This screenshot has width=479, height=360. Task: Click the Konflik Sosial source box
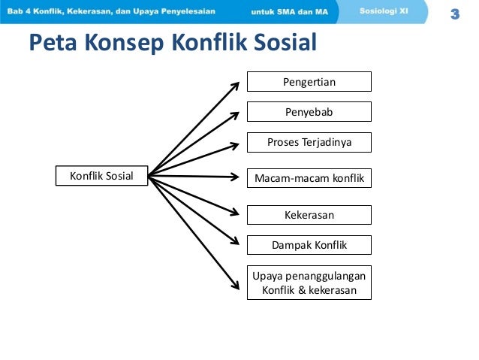(x=101, y=177)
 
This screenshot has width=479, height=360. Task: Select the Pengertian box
(x=309, y=81)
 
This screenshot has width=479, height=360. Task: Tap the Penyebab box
(x=309, y=112)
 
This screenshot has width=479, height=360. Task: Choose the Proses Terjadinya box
(x=309, y=142)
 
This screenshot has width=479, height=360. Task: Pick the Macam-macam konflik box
(x=309, y=177)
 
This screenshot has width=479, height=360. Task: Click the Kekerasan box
(x=309, y=215)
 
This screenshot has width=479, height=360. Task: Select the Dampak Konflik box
(x=309, y=245)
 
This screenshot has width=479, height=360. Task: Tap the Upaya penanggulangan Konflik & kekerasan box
(x=309, y=283)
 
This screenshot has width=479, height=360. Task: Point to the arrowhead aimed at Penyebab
(x=237, y=113)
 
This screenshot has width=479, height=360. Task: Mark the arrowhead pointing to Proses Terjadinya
(x=238, y=144)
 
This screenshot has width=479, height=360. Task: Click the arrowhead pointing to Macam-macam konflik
(x=239, y=177)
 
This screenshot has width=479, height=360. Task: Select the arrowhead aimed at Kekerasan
(x=238, y=213)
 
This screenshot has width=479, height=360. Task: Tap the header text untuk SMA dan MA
(x=289, y=12)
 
